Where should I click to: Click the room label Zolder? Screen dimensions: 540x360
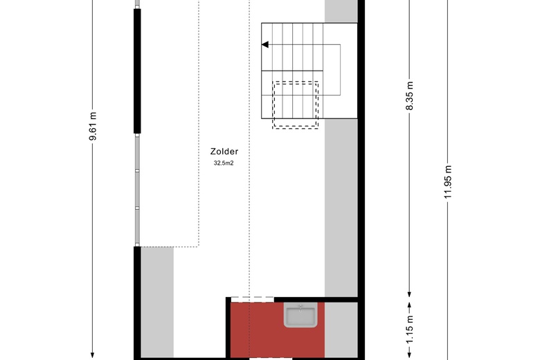click(x=224, y=151)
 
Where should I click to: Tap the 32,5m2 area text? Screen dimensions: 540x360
click(x=224, y=163)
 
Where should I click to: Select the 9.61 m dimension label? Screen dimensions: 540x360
click(x=93, y=126)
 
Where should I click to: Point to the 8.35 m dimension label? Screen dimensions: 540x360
click(x=409, y=96)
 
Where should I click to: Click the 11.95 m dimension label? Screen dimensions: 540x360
click(x=448, y=182)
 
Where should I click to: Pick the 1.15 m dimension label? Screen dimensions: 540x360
click(x=409, y=330)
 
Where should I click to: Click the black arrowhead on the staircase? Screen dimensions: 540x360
click(x=265, y=44)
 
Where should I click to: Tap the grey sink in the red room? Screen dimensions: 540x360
click(x=300, y=316)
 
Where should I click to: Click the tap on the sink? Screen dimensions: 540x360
click(x=300, y=307)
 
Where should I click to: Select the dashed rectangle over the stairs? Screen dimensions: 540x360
click(x=295, y=82)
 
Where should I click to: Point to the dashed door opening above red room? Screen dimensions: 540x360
click(x=252, y=297)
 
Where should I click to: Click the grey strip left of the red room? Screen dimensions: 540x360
click(x=157, y=303)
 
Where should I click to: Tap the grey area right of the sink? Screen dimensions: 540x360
click(x=341, y=330)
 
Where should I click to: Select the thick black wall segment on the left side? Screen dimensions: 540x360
click(x=137, y=71)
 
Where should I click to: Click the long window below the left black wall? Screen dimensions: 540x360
click(x=137, y=190)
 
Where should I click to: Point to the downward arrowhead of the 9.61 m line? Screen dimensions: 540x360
click(x=93, y=356)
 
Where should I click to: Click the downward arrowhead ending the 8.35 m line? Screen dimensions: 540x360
click(x=409, y=294)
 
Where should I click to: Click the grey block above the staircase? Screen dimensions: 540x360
click(x=341, y=11)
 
